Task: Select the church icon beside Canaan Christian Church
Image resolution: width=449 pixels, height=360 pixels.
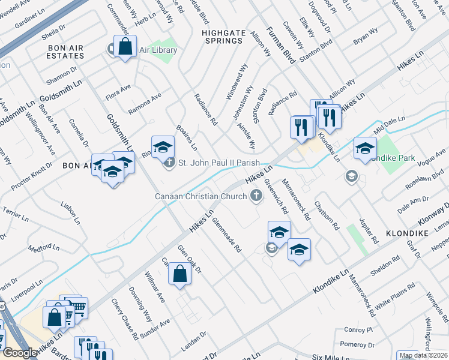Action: [x=257, y=195]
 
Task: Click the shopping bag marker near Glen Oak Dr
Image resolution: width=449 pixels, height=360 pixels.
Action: [x=179, y=275]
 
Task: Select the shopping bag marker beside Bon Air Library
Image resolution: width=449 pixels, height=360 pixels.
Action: [x=125, y=47]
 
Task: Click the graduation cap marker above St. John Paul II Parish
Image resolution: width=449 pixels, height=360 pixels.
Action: [x=163, y=146]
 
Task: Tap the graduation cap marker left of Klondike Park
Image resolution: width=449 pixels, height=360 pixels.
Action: [x=365, y=149]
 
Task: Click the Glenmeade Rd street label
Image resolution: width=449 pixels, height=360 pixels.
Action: [x=226, y=234]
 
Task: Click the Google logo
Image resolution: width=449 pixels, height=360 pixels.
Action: [x=20, y=353]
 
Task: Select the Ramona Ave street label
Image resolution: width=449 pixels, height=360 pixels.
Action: [x=145, y=104]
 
